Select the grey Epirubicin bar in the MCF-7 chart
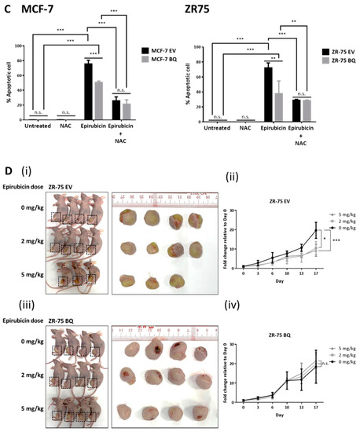pyautogui.click(x=97, y=100)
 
